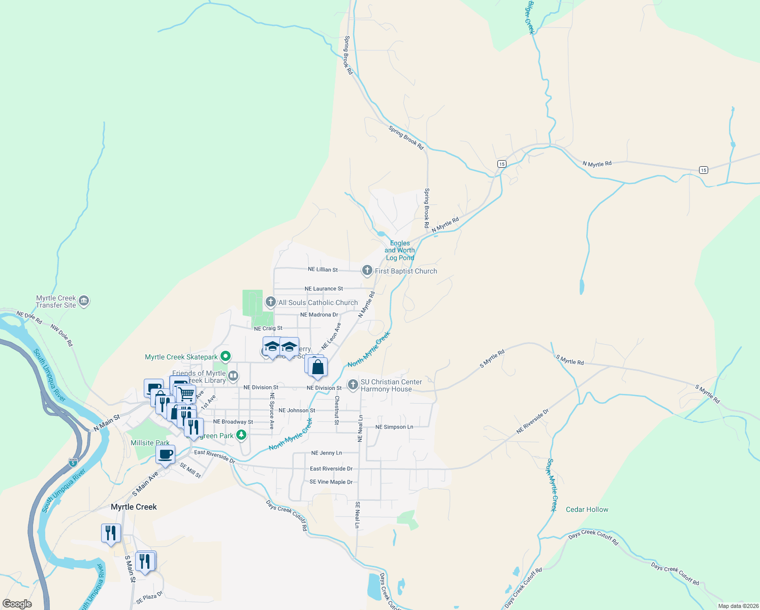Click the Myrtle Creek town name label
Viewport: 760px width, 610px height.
point(134,507)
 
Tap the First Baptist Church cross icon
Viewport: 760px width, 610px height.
point(367,270)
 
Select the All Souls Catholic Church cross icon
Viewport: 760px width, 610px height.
point(270,302)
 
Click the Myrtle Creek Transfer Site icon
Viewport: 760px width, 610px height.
point(84,301)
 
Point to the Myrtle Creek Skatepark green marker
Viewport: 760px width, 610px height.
point(226,357)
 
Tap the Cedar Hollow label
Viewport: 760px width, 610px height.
point(587,509)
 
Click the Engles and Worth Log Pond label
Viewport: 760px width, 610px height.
point(400,250)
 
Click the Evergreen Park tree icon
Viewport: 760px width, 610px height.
point(241,435)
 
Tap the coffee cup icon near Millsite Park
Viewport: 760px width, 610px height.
point(165,454)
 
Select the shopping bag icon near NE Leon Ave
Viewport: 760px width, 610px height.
point(318,367)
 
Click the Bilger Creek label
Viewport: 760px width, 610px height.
point(530,18)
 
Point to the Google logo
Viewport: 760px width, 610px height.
point(17,604)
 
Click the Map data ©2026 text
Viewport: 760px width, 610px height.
point(738,606)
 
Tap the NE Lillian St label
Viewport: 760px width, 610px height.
point(323,269)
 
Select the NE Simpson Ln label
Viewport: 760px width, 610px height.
point(394,427)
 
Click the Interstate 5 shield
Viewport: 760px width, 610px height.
point(73,463)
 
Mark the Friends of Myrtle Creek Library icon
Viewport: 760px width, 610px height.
point(233,376)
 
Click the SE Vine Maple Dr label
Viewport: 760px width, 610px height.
point(331,482)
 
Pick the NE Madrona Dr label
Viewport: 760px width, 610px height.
point(319,315)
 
